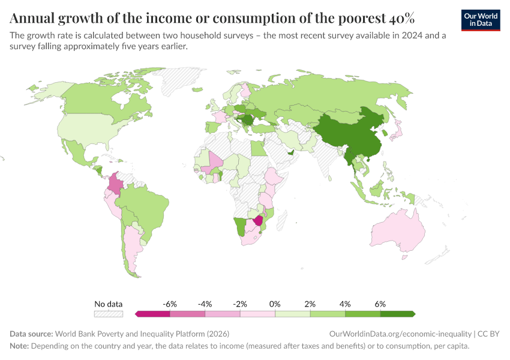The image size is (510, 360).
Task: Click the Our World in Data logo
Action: click(x=480, y=20)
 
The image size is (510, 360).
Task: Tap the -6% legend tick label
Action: click(x=170, y=304)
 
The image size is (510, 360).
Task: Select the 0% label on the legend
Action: click(x=275, y=304)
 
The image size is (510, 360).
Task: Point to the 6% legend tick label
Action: click(x=380, y=304)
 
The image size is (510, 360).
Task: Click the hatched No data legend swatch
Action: click(x=109, y=314)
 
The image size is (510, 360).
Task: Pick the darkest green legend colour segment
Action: click(x=399, y=314)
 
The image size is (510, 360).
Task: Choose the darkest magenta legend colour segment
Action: click(x=152, y=314)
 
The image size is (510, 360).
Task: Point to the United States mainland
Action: click(x=90, y=129)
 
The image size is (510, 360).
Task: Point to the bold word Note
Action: click(x=19, y=346)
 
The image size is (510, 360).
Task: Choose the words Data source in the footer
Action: click(x=31, y=334)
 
